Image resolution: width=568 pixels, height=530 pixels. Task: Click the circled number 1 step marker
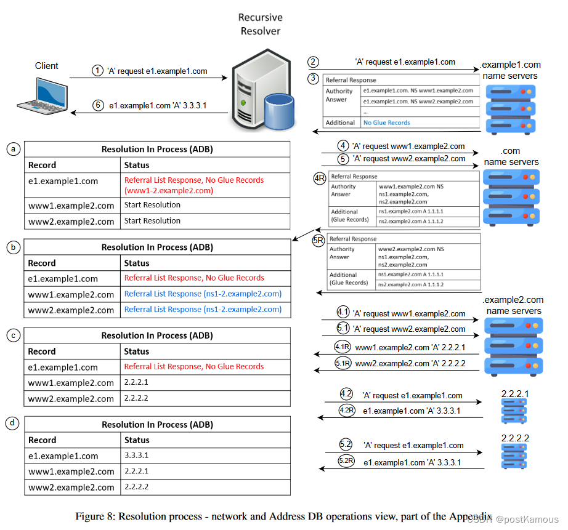point(98,71)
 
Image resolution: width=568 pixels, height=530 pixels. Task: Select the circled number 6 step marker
point(98,105)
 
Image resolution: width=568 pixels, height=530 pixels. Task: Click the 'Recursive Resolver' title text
point(261,25)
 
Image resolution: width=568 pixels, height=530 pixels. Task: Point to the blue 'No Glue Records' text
point(386,122)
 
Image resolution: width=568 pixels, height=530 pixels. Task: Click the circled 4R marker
point(319,177)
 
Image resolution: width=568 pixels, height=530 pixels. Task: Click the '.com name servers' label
point(511,156)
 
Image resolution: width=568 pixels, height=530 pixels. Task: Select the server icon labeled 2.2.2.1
point(514,409)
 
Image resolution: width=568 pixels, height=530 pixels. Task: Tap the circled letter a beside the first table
point(13,149)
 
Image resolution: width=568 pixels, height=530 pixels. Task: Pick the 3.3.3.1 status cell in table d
point(137,456)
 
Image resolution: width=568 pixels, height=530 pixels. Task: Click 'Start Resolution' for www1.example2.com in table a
point(152,205)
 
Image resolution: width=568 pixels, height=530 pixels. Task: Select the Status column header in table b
point(137,263)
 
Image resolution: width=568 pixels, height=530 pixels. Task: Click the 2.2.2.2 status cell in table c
point(137,398)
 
